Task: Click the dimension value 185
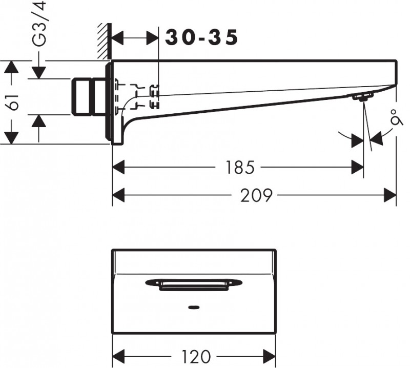point(239,167)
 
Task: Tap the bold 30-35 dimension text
point(202,37)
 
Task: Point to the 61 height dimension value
point(15,102)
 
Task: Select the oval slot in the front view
point(194,284)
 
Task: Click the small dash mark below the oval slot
point(194,308)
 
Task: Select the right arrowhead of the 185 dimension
point(357,167)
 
